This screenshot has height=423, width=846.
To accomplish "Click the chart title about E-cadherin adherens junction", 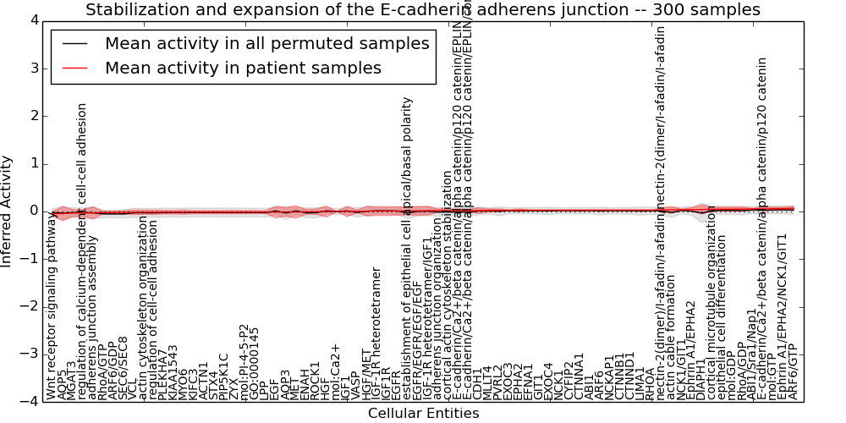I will pos(423,9).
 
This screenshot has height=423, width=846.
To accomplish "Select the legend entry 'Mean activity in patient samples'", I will pos(243,68).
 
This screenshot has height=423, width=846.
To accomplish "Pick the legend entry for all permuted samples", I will pos(266,44).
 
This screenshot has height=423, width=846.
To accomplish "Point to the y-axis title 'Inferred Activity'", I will pos(8,211).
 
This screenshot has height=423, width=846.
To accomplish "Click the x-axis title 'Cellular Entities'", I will pos(423,414).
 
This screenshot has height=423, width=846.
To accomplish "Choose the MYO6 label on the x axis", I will pos(184,381).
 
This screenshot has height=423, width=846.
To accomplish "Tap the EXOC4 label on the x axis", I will pos(548,380).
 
